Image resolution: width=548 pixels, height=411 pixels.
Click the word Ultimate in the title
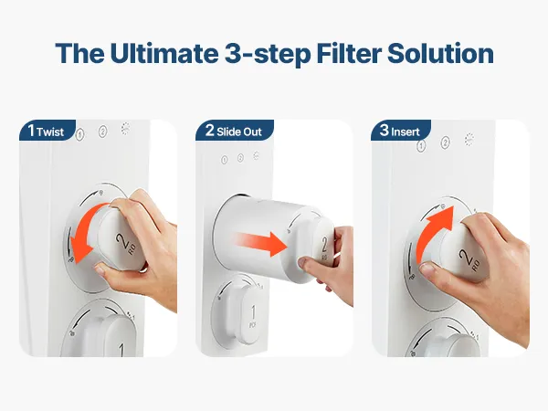[164, 53]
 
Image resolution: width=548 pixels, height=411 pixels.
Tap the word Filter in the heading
[349, 53]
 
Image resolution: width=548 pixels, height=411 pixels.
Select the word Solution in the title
[440, 53]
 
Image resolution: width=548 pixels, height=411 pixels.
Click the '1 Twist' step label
[47, 131]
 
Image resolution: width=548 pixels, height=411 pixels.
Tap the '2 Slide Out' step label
[234, 131]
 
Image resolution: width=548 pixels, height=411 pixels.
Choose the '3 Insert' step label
[401, 131]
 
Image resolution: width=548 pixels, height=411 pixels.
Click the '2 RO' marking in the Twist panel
[127, 243]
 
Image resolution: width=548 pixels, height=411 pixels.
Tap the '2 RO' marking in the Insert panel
[470, 259]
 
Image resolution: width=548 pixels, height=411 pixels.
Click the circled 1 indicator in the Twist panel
[80, 134]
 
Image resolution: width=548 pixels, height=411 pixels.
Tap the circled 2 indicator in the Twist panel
[102, 132]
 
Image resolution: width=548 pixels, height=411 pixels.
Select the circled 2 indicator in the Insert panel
[445, 142]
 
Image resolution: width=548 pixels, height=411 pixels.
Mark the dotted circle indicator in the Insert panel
[469, 140]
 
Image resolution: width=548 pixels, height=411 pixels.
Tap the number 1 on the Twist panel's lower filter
[121, 350]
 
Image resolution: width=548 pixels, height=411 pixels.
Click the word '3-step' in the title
[268, 54]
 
